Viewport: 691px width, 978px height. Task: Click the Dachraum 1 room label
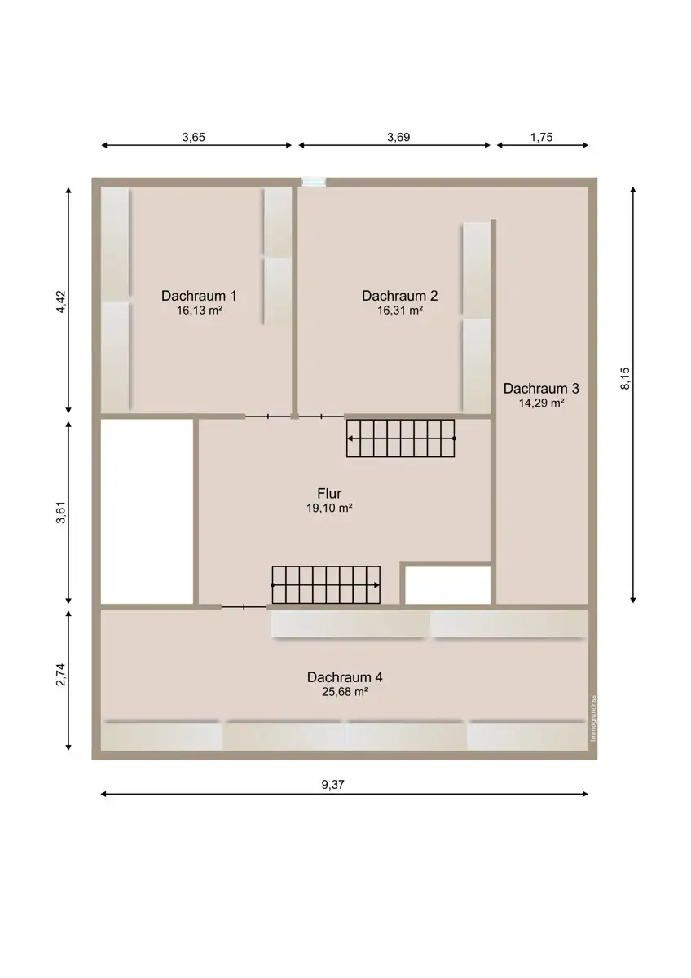(x=199, y=296)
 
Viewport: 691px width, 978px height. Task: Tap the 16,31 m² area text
(x=400, y=311)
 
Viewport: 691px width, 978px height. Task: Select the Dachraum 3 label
(x=541, y=388)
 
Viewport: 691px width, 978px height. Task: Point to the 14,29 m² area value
(x=541, y=403)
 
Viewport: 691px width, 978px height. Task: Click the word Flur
(x=329, y=493)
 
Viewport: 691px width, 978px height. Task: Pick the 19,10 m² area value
(x=329, y=509)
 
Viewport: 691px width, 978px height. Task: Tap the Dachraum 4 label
(x=345, y=677)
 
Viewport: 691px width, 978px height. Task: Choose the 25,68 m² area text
(x=345, y=692)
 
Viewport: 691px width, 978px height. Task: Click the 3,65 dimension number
(x=193, y=137)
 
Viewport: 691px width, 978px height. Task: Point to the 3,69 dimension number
(x=398, y=137)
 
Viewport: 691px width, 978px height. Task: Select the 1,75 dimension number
(x=541, y=137)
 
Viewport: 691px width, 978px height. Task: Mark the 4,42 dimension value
(x=61, y=302)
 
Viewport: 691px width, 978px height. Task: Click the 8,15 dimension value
(x=626, y=378)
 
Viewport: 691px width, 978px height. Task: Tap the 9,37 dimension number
(x=333, y=785)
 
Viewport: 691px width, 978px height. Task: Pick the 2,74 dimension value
(x=61, y=675)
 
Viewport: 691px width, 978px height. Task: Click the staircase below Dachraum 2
(x=401, y=438)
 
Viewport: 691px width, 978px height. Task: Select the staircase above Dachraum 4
(x=326, y=585)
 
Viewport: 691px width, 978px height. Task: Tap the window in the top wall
(x=315, y=182)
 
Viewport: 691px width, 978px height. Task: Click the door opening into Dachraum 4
(x=244, y=606)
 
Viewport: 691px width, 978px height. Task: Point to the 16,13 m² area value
(x=200, y=311)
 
